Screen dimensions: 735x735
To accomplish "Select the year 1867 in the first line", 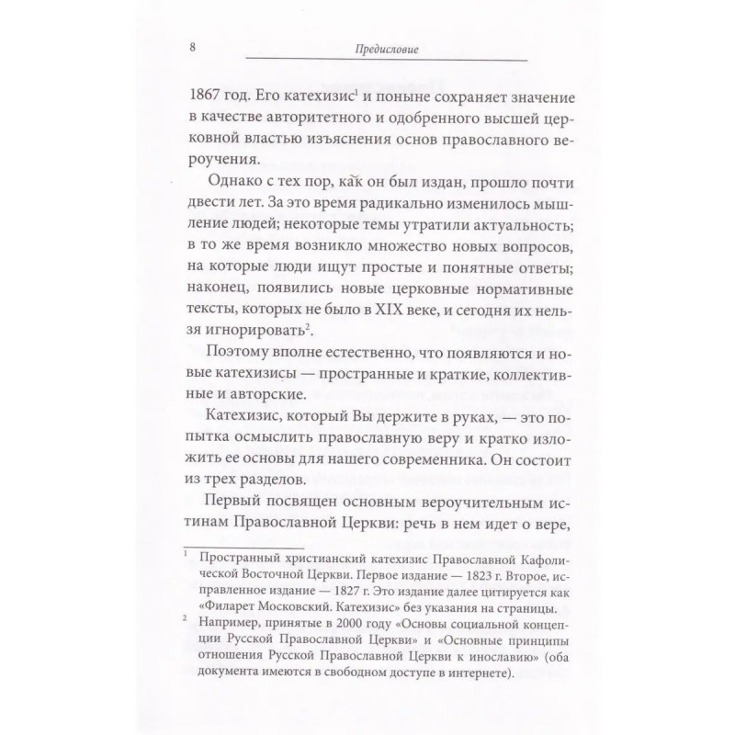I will [205, 94].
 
